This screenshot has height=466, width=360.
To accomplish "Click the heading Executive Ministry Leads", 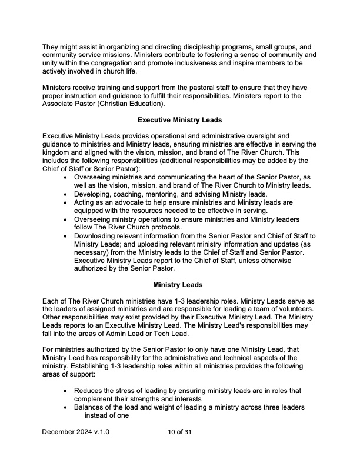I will pyautogui.click(x=179, y=120).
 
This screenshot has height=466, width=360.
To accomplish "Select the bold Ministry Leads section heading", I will pyautogui.click(x=178, y=285).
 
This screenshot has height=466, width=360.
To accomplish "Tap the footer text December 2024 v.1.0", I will pyautogui.click(x=75, y=432).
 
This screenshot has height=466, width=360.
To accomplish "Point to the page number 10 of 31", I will pyautogui.click(x=179, y=432).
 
